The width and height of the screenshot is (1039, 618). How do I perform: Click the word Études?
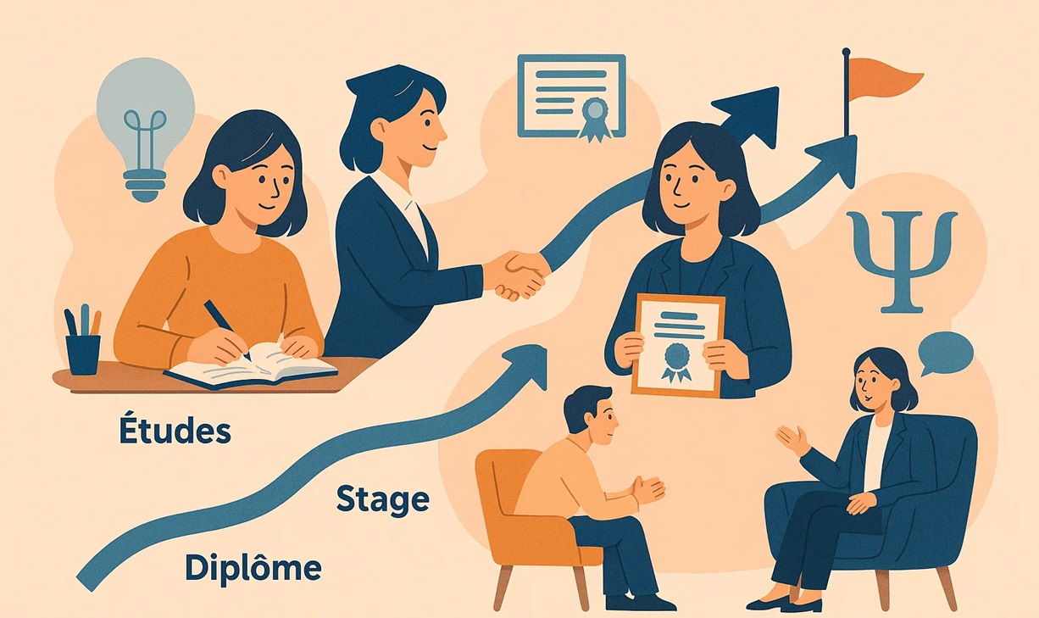(x=175, y=431)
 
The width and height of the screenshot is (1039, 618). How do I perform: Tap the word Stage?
(x=382, y=499)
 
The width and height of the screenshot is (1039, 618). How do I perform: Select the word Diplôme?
(x=253, y=567)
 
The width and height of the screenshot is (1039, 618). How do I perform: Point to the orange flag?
(x=882, y=78)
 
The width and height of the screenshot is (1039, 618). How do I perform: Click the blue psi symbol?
(x=902, y=259)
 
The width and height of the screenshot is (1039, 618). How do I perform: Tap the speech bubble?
(x=945, y=353)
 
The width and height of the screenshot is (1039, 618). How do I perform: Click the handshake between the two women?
(x=516, y=275)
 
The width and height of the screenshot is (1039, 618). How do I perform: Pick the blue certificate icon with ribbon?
(x=571, y=95)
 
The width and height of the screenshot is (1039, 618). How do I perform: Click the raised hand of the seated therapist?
(x=792, y=439)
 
